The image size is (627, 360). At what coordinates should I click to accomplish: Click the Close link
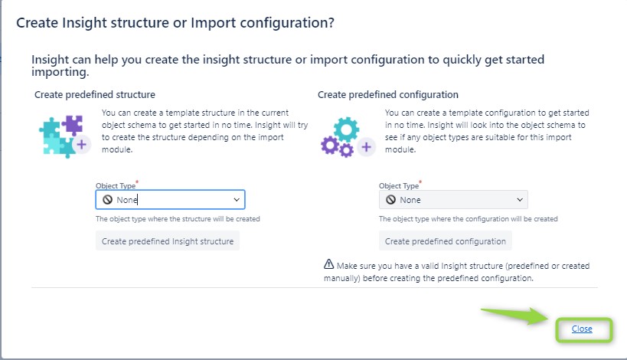pyautogui.click(x=582, y=329)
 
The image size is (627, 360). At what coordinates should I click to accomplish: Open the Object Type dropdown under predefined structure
pyautogui.click(x=171, y=200)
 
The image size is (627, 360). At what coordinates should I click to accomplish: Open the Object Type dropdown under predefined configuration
pyautogui.click(x=453, y=200)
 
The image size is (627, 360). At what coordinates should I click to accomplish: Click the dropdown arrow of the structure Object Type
pyautogui.click(x=237, y=200)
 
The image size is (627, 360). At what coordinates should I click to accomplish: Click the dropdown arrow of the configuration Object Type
pyautogui.click(x=520, y=200)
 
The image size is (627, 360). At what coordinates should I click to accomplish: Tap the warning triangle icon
pyautogui.click(x=328, y=264)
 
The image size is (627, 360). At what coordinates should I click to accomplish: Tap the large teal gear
pyautogui.click(x=346, y=129)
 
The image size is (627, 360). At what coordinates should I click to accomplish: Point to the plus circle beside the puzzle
pyautogui.click(x=82, y=145)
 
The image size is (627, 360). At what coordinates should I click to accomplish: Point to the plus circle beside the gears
pyautogui.click(x=366, y=147)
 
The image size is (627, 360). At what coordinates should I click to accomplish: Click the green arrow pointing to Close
pyautogui.click(x=514, y=315)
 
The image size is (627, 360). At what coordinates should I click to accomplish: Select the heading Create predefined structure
pyautogui.click(x=95, y=95)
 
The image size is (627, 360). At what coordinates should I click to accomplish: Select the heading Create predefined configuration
pyautogui.click(x=388, y=95)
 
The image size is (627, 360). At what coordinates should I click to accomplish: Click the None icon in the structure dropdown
pyautogui.click(x=108, y=200)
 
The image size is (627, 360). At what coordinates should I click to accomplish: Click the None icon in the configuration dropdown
pyautogui.click(x=390, y=200)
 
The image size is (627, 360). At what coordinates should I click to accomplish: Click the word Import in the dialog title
pyautogui.click(x=213, y=23)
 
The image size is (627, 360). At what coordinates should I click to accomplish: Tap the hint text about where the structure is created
pyautogui.click(x=178, y=219)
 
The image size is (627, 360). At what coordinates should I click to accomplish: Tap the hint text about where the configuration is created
pyautogui.click(x=469, y=219)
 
